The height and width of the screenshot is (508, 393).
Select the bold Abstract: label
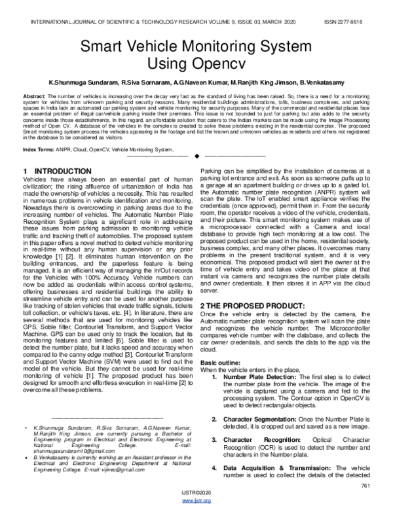[x=35, y=96]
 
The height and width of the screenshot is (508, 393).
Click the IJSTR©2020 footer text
[x=196, y=494]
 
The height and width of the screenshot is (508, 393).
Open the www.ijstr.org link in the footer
[x=196, y=501]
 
